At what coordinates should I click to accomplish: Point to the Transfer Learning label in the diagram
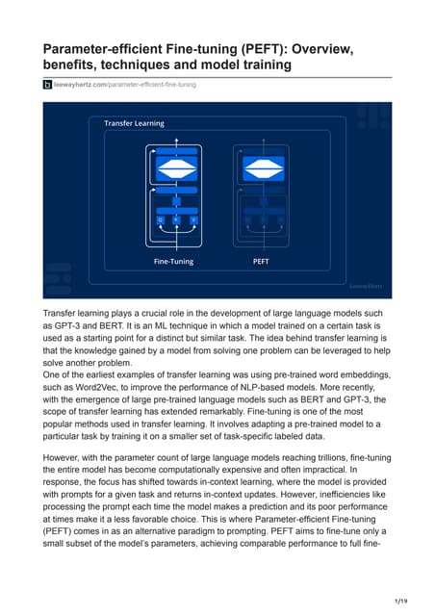click(134, 123)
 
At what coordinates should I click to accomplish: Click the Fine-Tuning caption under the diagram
click(173, 261)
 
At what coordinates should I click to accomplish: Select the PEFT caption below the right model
click(260, 261)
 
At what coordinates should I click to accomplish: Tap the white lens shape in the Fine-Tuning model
click(174, 166)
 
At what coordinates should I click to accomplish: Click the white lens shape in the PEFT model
click(260, 166)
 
